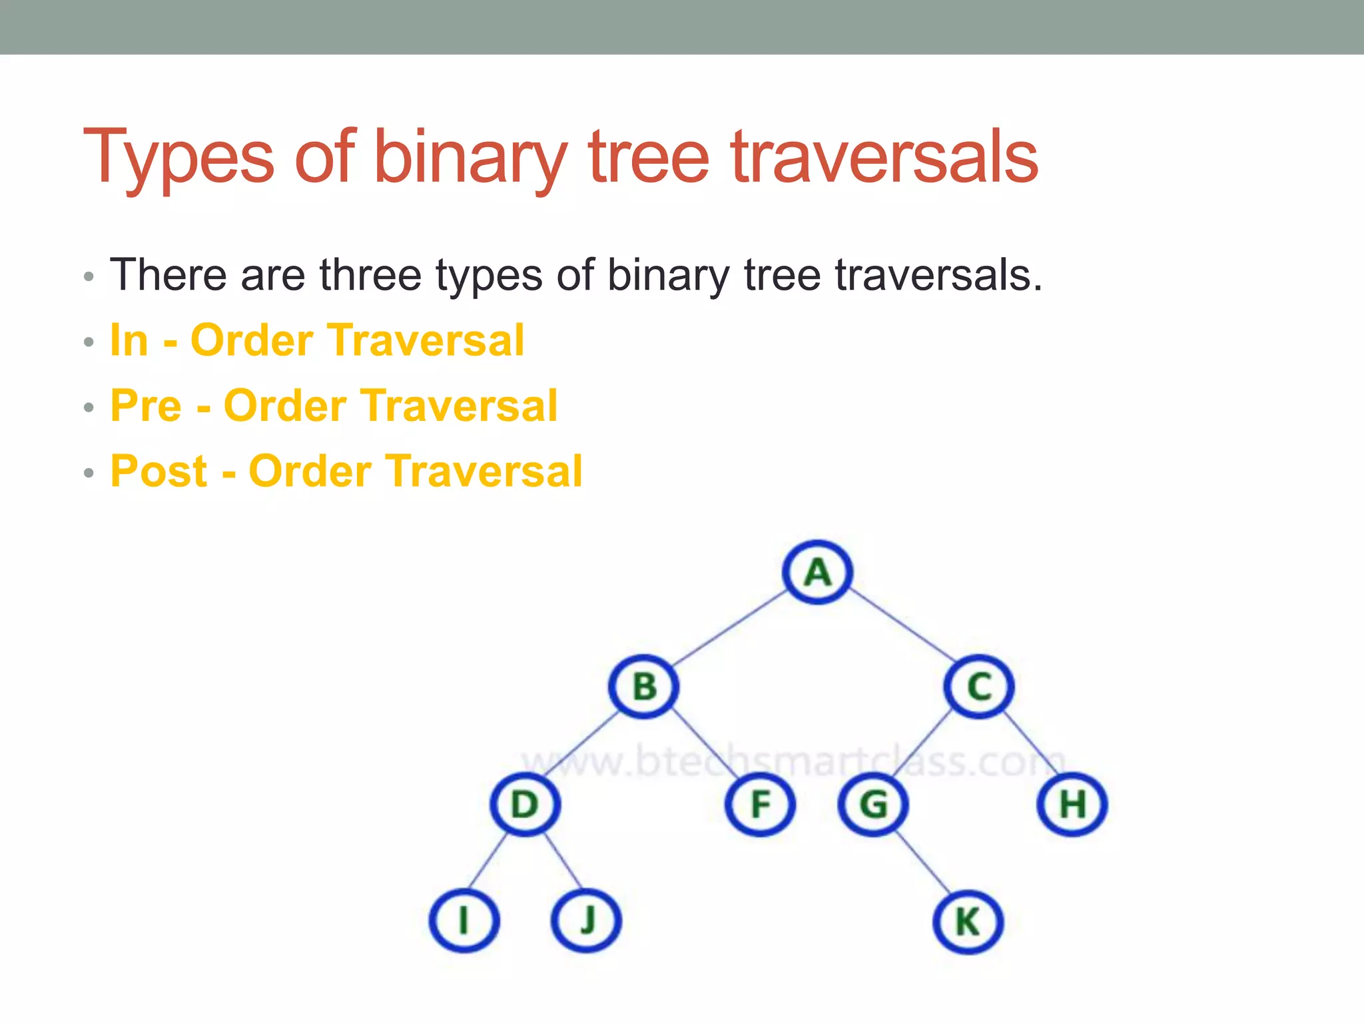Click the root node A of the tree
[817, 572]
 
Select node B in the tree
[644, 687]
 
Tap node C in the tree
[979, 687]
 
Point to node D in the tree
[525, 804]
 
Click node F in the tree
[760, 804]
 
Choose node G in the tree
[873, 804]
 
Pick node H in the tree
[1072, 804]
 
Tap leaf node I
[464, 921]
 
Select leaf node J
[587, 921]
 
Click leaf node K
[968, 922]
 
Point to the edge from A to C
[902, 625]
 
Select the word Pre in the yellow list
[146, 406]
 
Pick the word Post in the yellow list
[159, 471]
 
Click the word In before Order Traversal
[129, 340]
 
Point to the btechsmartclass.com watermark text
[793, 761]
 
